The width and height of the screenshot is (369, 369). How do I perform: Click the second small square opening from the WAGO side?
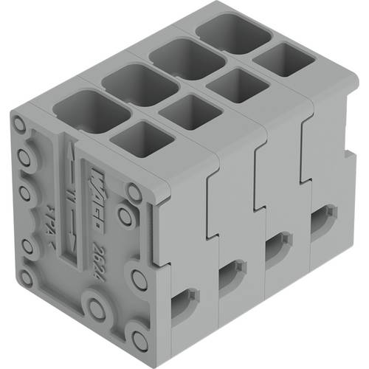pyautogui.click(x=190, y=111)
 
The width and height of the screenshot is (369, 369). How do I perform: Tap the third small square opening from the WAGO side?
pyautogui.click(x=236, y=84)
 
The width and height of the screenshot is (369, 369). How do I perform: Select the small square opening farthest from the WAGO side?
pyautogui.click(x=282, y=59)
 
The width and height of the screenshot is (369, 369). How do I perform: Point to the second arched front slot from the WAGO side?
pyautogui.click(x=230, y=273)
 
